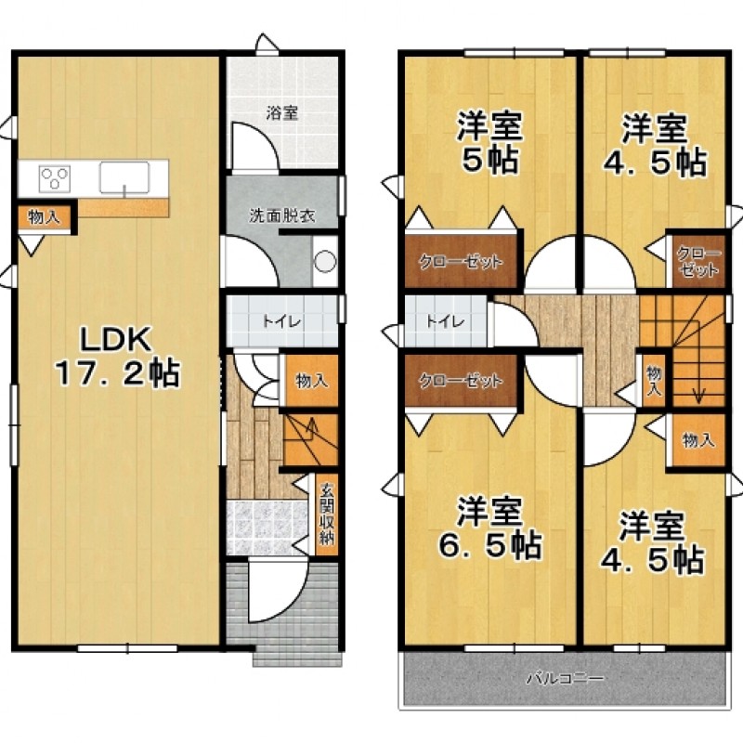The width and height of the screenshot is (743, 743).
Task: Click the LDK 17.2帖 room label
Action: [117, 357]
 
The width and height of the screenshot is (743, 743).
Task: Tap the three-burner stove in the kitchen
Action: [55, 178]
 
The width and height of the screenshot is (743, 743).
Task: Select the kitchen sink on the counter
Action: [124, 177]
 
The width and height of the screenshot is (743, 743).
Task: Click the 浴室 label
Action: [282, 113]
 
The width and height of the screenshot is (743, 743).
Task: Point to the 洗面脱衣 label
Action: [282, 216]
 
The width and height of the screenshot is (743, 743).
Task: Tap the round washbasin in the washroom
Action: [325, 262]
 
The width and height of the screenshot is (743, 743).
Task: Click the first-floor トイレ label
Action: [282, 322]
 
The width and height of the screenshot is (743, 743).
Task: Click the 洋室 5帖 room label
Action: [489, 142]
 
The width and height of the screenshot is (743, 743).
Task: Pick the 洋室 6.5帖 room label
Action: [489, 528]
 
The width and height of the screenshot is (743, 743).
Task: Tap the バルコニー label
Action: [566, 679]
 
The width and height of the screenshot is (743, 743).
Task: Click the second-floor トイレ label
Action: [445, 322]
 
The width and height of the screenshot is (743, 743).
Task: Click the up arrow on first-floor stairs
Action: [311, 430]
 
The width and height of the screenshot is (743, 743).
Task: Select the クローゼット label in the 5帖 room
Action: [461, 262]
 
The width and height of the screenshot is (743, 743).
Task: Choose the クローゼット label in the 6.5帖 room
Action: [461, 381]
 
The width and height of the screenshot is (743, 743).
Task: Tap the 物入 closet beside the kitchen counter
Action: [44, 217]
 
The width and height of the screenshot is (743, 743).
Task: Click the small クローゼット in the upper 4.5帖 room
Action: [699, 261]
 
